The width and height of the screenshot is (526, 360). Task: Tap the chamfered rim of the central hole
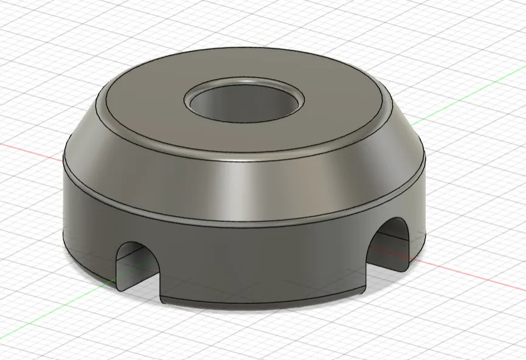[x=246, y=83]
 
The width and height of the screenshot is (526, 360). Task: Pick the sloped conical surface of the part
[x=243, y=182]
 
